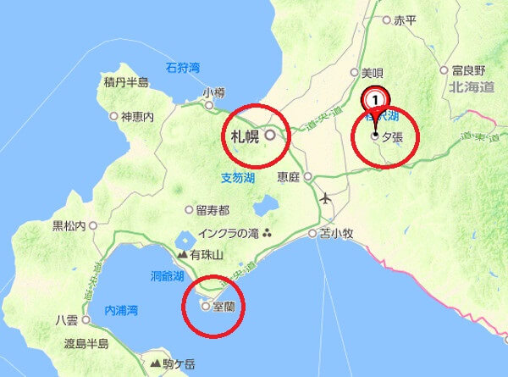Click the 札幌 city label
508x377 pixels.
pyautogui.click(x=244, y=135)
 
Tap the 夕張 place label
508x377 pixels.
pyautogui.click(x=392, y=136)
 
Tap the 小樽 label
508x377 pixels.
pyautogui.click(x=213, y=91)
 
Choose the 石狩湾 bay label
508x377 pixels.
pyautogui.click(x=182, y=66)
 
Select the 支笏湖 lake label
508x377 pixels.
pyautogui.click(x=237, y=177)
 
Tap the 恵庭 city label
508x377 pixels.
pyautogui.click(x=289, y=177)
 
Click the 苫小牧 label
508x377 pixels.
pyautogui.click(x=335, y=232)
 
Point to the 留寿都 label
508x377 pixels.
pyautogui.click(x=213, y=209)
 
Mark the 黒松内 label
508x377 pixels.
pyautogui.click(x=69, y=225)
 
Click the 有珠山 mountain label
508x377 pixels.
pyautogui.click(x=206, y=254)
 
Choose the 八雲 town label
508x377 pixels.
pyautogui.click(x=66, y=320)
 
